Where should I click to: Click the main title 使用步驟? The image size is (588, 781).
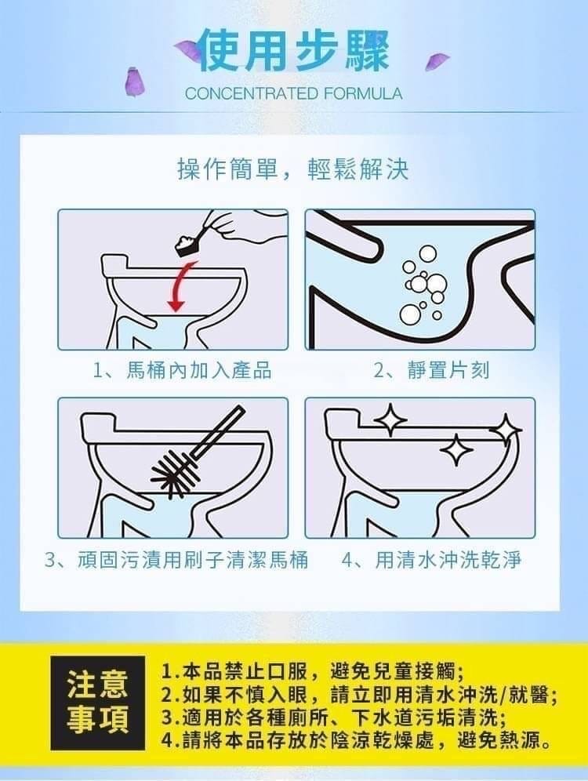tap(293, 52)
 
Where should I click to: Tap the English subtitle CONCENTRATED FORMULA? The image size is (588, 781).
tap(293, 93)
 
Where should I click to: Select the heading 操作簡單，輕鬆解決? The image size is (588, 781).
tap(293, 169)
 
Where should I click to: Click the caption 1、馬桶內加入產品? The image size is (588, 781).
tap(183, 371)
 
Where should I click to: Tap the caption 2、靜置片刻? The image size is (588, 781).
tap(432, 371)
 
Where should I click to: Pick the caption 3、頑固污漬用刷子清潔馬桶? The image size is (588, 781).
tap(176, 560)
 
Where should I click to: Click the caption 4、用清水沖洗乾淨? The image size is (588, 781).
tap(432, 560)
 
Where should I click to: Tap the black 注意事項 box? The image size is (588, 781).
tap(97, 703)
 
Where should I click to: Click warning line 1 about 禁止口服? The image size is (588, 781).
tap(314, 672)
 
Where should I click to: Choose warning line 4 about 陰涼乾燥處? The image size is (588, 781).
tap(357, 741)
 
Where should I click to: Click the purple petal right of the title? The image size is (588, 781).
tap(437, 62)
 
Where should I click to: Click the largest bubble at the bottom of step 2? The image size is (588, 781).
tap(410, 314)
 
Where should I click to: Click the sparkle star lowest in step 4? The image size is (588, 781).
tap(456, 449)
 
